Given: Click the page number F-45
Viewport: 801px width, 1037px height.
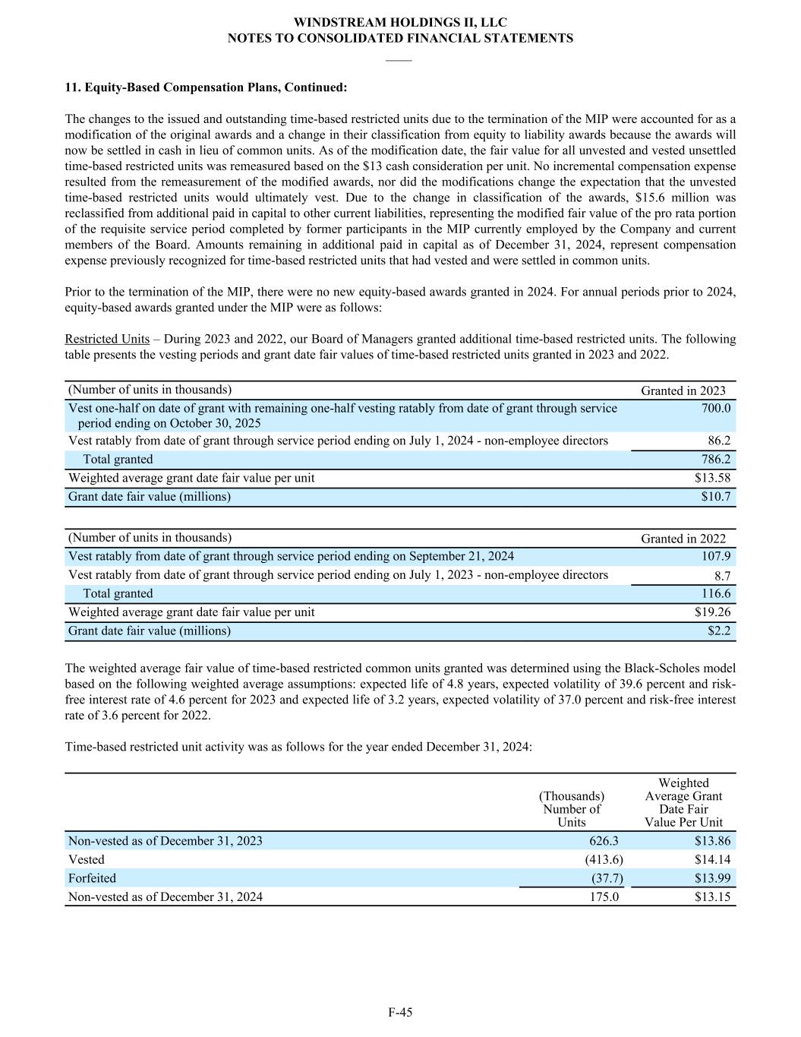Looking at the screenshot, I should click(x=400, y=1012).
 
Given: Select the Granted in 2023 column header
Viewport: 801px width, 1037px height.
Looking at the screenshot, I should click(x=683, y=390).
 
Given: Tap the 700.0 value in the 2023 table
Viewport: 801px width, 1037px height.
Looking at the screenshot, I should click(x=716, y=408).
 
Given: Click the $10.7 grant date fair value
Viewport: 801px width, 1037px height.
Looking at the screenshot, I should click(x=716, y=497).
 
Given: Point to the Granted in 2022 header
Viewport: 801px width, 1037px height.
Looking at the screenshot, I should click(x=683, y=539).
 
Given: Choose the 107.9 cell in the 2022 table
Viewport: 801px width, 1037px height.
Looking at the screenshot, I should click(x=716, y=556).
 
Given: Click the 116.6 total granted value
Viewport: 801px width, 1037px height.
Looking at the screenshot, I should click(x=716, y=593).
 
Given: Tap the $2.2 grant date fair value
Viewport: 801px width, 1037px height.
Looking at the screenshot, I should click(x=719, y=631).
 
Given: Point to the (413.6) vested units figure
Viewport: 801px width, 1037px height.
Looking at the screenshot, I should click(x=604, y=860).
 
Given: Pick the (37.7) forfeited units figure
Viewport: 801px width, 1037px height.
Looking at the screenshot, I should click(x=607, y=878).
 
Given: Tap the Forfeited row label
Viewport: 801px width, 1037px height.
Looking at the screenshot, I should click(x=92, y=878).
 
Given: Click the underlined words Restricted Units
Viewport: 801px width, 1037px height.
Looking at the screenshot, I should click(x=107, y=339).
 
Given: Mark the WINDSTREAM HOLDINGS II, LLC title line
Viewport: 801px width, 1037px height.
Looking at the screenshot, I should click(x=400, y=23).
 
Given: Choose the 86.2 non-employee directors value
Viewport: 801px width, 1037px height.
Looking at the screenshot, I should click(x=719, y=441).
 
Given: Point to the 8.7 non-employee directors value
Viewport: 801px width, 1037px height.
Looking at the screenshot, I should click(x=722, y=576).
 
